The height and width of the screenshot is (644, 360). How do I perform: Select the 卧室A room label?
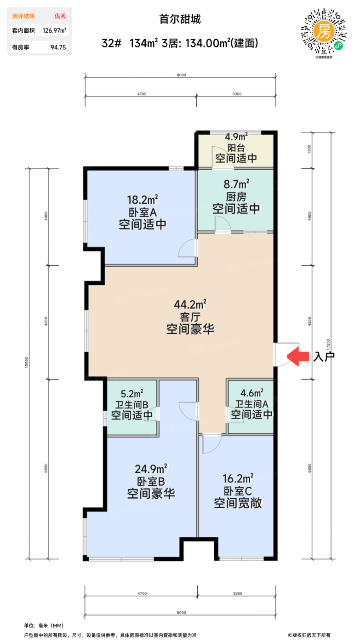[x=143, y=213]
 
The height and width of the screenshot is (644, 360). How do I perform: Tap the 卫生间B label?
[x=132, y=405]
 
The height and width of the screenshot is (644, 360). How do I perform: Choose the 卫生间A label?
[x=251, y=404]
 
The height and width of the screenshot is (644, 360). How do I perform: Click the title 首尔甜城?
[x=180, y=19]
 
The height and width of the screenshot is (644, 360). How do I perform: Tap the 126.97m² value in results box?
[x=54, y=31]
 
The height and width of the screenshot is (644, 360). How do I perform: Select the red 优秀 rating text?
[x=60, y=16]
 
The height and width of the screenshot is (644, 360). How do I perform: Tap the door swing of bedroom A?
[x=187, y=249]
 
